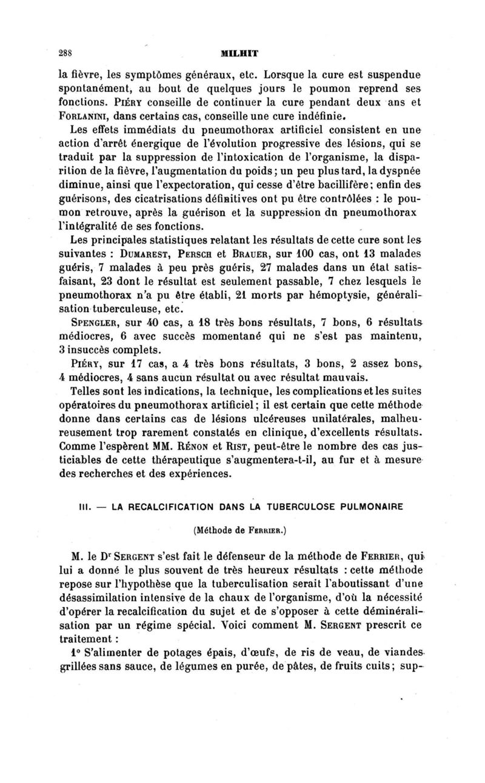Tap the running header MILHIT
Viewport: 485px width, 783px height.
241,53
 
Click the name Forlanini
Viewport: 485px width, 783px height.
83,113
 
